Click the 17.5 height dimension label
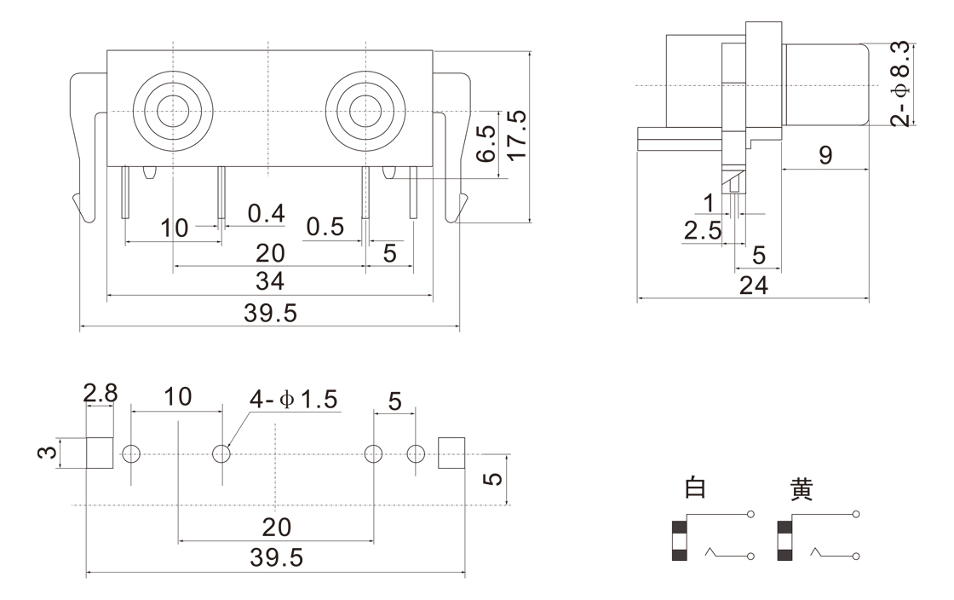tap(516, 133)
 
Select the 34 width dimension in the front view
tap(270, 280)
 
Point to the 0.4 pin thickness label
tap(266, 213)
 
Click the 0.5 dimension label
tap(325, 227)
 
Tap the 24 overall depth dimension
tap(753, 286)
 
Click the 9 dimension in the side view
tap(824, 155)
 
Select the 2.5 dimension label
tap(702, 230)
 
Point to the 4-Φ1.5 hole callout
tap(294, 398)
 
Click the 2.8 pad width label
tap(100, 394)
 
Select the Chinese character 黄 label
tap(801, 489)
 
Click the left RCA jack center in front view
tap(173, 112)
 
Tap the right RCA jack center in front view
tap(365, 112)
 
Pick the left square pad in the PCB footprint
tap(100, 453)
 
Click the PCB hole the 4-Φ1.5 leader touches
tap(221, 453)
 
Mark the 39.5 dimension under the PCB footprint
tap(276, 559)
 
